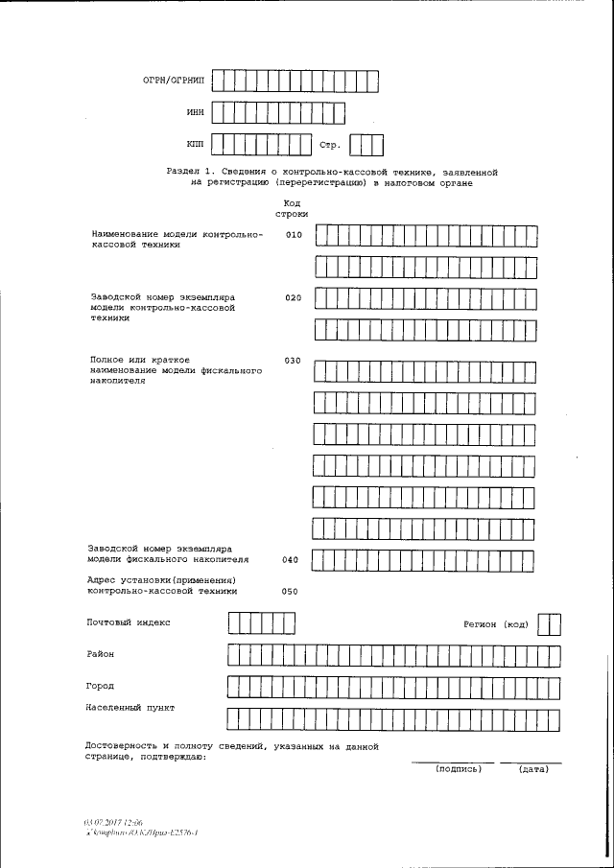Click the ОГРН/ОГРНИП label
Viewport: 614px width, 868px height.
pyautogui.click(x=174, y=81)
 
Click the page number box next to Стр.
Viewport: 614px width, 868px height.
pyautogui.click(x=366, y=145)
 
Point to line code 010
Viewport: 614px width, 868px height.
pyautogui.click(x=294, y=235)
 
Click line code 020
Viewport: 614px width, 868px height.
pyautogui.click(x=294, y=298)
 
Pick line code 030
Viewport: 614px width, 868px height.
pyautogui.click(x=294, y=361)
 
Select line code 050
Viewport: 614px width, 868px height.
pyautogui.click(x=290, y=592)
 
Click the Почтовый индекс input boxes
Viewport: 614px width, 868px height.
pyautogui.click(x=261, y=624)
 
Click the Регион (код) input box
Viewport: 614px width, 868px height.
pyautogui.click(x=549, y=625)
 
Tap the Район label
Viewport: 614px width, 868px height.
pyautogui.click(x=100, y=653)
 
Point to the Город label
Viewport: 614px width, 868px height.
pyautogui.click(x=100, y=686)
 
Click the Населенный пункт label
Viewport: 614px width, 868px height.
pyautogui.click(x=130, y=708)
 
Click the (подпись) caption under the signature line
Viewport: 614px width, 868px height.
pyautogui.click(x=458, y=768)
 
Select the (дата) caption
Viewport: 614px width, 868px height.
pyautogui.click(x=533, y=768)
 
